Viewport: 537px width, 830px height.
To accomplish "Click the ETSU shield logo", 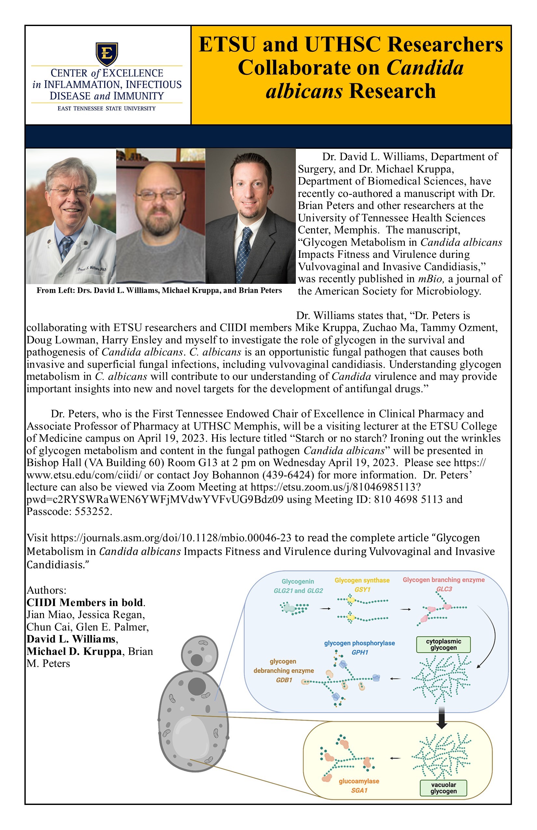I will [x=107, y=54].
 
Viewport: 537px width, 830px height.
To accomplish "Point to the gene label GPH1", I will [x=360, y=652].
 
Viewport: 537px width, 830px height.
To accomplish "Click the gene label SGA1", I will [x=359, y=790].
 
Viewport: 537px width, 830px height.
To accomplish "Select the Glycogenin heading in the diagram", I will [x=298, y=581].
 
